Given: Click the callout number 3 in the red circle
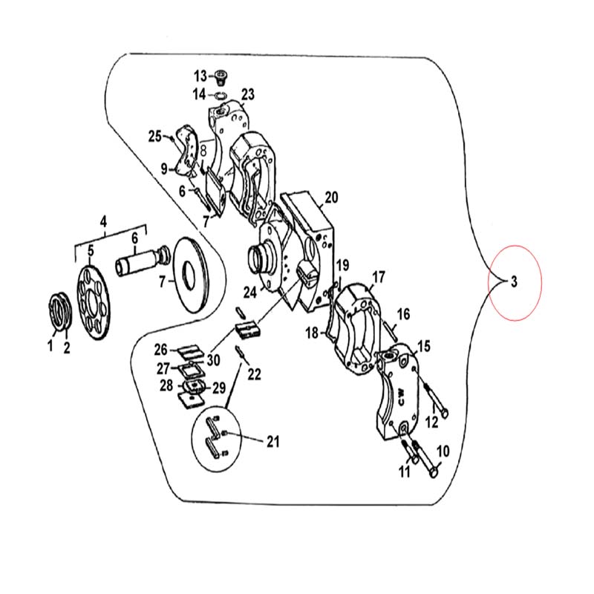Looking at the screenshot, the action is click(x=514, y=281).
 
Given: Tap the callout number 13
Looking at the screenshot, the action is click(x=200, y=76).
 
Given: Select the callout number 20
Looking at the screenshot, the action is click(x=331, y=198).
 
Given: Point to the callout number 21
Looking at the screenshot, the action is click(x=272, y=441).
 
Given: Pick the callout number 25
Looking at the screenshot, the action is click(x=155, y=136).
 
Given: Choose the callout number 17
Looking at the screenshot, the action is click(x=379, y=277).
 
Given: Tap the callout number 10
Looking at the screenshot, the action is click(x=443, y=451).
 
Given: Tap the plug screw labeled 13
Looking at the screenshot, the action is click(x=221, y=77).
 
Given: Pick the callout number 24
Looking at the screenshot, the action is click(x=250, y=292).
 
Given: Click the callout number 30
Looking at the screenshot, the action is click(x=213, y=360).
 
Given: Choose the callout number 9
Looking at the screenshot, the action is click(x=163, y=169).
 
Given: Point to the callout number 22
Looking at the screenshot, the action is click(x=254, y=374).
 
